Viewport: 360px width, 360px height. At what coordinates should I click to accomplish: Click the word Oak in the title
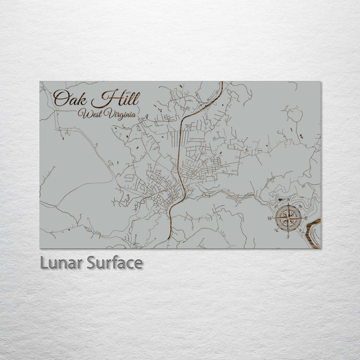[x=70, y=98]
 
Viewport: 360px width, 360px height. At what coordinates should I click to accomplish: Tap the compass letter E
[x=306, y=218]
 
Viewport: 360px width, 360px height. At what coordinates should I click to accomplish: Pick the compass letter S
[x=288, y=236]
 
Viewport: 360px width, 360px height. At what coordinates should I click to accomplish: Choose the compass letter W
[x=270, y=218]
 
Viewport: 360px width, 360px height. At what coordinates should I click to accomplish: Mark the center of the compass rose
[x=288, y=218]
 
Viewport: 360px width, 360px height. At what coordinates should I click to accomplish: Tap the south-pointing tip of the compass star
[x=288, y=233]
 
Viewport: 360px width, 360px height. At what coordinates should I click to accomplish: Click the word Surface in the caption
[x=114, y=262]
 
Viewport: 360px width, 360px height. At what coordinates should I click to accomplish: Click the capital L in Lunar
[x=44, y=262]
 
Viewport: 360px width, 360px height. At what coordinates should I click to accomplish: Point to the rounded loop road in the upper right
[x=295, y=115]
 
